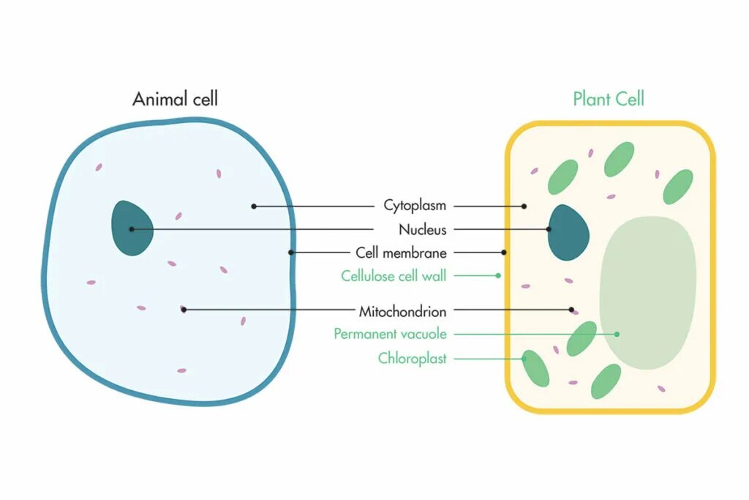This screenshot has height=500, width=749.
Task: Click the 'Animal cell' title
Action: point(175,99)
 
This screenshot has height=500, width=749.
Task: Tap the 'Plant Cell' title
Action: point(609,99)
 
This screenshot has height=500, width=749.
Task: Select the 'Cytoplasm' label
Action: point(415,206)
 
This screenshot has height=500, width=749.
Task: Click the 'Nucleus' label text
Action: point(422,229)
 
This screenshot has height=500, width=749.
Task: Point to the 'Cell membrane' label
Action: point(401,253)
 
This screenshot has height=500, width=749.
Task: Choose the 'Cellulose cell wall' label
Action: point(394,276)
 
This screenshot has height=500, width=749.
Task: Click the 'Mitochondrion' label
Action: point(402,311)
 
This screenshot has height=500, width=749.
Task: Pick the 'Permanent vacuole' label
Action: point(390,334)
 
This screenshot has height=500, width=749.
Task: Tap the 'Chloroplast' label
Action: point(412,359)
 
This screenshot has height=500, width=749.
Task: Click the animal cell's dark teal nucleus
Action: point(132,228)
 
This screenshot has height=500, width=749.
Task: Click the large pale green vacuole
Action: point(647,293)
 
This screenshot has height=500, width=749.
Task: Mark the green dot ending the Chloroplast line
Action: point(524,359)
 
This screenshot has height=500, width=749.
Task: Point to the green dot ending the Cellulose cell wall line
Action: point(498,276)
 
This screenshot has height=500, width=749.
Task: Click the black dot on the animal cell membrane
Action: point(290,253)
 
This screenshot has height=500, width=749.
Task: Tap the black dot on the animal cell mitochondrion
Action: point(184,310)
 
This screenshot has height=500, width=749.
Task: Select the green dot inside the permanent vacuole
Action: point(617,334)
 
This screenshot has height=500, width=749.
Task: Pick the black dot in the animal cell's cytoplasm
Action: point(254,206)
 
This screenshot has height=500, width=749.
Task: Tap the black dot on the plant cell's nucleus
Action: point(549,229)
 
